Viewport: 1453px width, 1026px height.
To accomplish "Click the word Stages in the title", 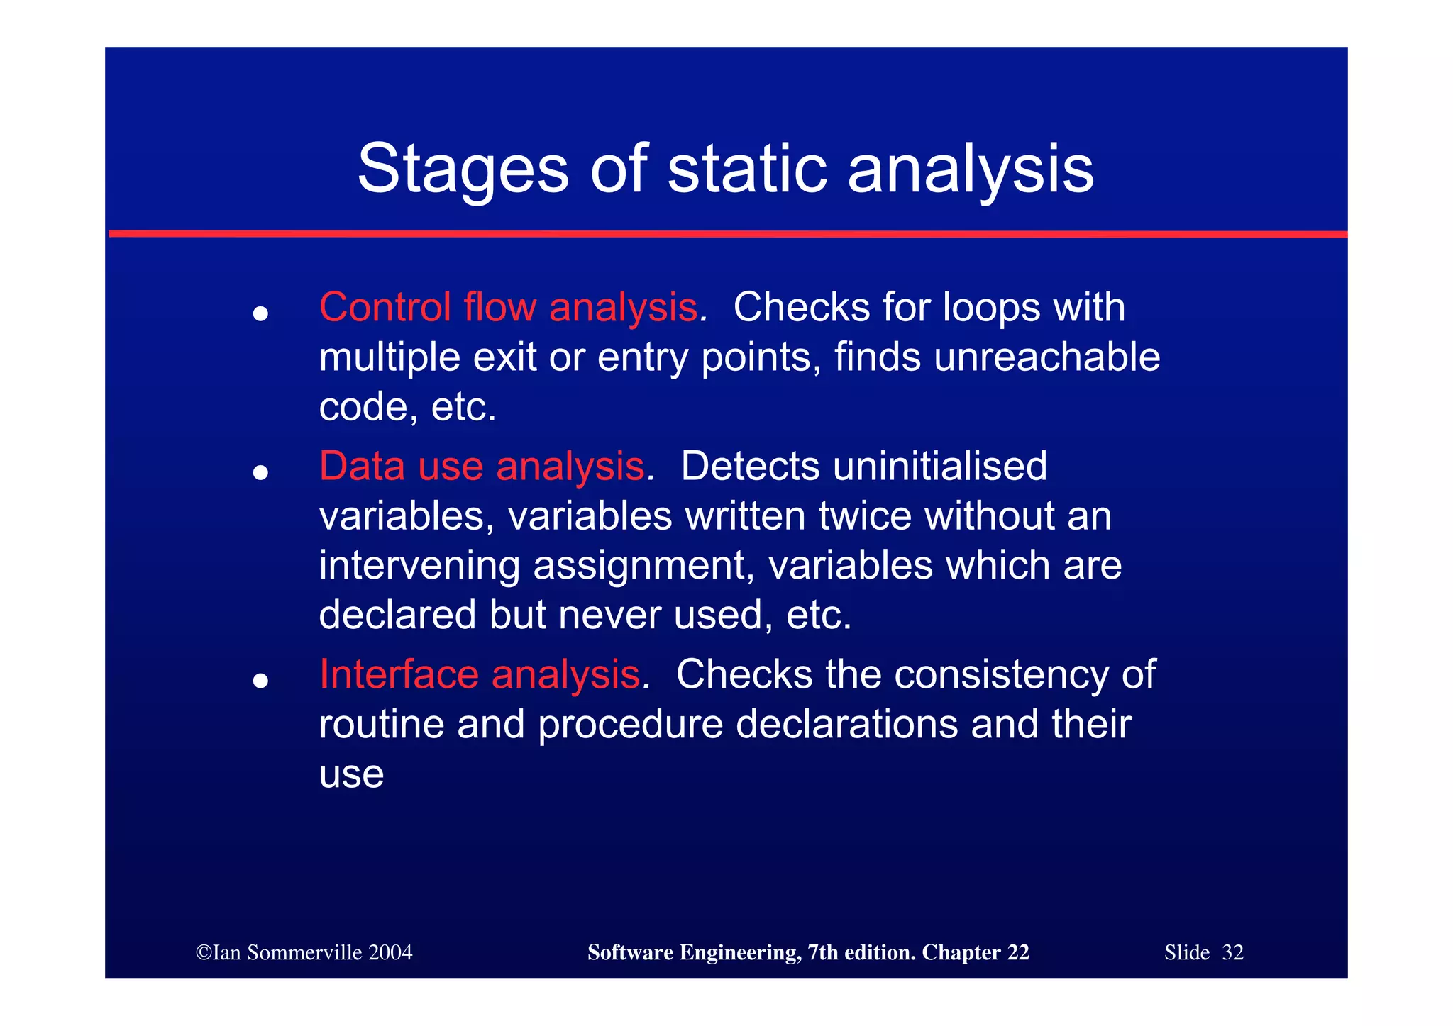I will tap(463, 170).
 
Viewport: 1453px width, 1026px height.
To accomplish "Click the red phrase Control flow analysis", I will tap(508, 308).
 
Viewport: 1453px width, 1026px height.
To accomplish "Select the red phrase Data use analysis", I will tap(482, 467).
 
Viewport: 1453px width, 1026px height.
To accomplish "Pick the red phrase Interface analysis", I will tap(480, 674).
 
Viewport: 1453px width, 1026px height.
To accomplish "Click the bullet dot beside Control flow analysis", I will tap(260, 313).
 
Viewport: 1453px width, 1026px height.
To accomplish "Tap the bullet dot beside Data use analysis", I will tap(260, 472).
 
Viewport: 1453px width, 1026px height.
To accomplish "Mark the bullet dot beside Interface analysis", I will tap(260, 681).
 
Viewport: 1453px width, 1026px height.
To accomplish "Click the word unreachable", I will tap(1046, 357).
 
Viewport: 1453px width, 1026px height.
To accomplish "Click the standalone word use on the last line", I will tap(351, 774).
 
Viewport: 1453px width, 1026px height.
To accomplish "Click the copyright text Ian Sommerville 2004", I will tap(304, 952).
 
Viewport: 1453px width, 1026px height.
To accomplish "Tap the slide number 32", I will tap(1232, 952).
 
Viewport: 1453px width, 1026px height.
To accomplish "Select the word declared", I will tap(397, 615).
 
